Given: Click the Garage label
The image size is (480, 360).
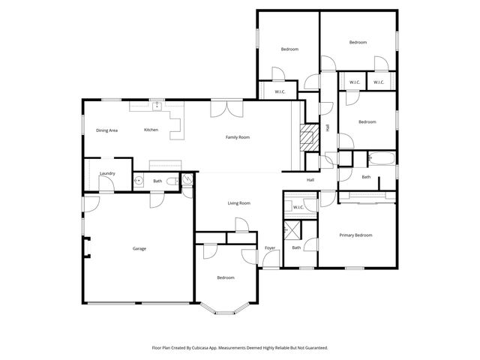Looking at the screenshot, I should point(139,248).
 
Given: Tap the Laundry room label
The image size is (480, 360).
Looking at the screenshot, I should point(106,173).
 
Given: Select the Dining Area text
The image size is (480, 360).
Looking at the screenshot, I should point(106,130).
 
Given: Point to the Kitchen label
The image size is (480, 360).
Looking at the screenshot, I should point(151,130).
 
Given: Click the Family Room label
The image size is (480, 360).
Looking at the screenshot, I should point(238,137).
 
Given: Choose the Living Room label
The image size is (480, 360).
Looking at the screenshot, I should point(238,202).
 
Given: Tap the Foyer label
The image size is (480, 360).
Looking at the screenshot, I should point(270,247).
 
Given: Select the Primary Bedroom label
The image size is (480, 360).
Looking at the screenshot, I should point(355,235).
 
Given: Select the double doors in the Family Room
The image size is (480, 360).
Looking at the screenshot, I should point(226,109).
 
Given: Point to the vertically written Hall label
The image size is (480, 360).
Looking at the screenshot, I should point(327,127).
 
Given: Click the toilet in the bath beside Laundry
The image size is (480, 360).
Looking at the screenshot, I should point(172,181).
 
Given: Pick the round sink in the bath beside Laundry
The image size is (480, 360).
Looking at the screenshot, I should point(138,181).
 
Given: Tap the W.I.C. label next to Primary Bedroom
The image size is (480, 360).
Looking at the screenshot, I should point(298,207).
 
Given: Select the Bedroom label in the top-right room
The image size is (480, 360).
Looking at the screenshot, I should point(358,43).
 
